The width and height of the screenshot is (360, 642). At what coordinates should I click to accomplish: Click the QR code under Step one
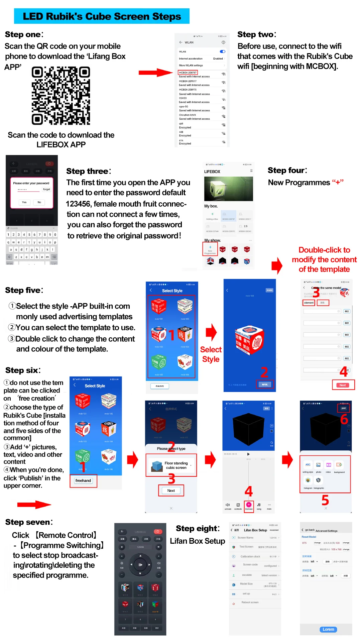61,96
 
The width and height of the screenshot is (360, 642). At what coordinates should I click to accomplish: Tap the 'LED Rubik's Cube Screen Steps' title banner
102,16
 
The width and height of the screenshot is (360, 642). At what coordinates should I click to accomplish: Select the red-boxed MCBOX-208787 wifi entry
188,73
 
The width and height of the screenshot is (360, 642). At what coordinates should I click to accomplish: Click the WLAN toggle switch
222,51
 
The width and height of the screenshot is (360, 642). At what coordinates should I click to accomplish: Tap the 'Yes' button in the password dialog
24,202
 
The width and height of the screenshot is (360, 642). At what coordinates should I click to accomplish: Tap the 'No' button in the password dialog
39,202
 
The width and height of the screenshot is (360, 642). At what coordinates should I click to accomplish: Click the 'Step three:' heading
89,171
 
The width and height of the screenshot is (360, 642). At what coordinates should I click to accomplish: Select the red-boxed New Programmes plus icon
210,248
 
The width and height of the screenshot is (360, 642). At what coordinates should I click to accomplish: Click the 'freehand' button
83,481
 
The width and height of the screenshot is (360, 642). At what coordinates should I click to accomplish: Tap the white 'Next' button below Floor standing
171,491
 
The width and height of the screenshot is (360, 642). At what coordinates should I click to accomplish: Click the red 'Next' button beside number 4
343,385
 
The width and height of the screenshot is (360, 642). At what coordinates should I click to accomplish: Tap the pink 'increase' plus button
249,505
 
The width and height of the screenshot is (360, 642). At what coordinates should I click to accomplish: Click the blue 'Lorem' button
328,629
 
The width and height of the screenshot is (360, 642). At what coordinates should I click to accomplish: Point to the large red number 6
344,419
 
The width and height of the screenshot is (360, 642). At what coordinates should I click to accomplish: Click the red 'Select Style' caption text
211,354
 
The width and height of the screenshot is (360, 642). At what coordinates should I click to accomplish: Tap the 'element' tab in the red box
309,303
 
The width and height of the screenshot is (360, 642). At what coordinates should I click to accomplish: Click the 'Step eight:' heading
198,529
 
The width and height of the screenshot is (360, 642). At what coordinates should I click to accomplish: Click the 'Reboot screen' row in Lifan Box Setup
250,602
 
